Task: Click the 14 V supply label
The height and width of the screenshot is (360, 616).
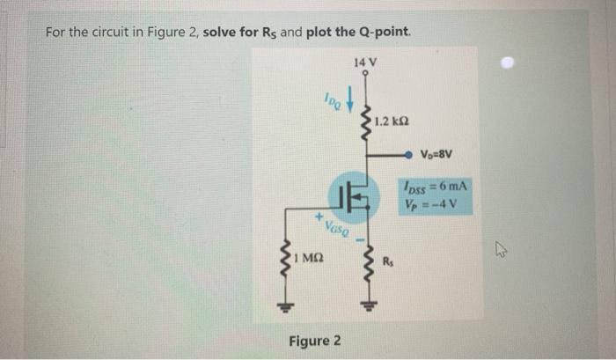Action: click(x=363, y=62)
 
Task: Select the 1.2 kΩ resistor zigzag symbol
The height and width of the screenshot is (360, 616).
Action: click(x=363, y=123)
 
